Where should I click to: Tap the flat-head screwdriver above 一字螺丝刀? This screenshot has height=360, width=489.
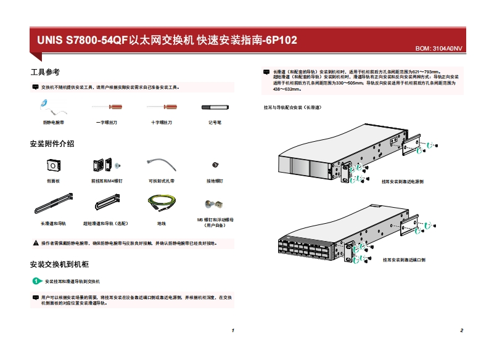[107, 107]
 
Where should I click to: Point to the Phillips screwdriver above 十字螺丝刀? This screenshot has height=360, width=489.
[162, 107]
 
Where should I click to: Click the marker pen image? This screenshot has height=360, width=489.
[215, 107]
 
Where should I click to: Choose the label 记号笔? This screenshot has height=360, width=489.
[215, 122]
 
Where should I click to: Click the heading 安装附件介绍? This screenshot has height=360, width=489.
[52, 144]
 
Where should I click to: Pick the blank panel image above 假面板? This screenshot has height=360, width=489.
[54, 165]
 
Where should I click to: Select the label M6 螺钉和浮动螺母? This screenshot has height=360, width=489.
[215, 219]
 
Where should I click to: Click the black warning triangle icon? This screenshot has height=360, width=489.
[35, 243]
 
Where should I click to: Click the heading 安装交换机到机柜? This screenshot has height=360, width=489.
[60, 264]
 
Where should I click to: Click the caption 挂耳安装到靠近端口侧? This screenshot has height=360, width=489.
[404, 260]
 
